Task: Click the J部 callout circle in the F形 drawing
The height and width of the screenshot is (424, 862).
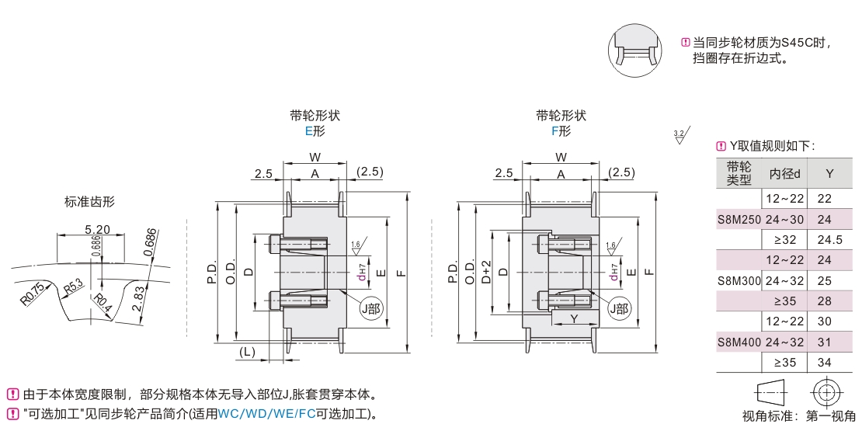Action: pos(619,308)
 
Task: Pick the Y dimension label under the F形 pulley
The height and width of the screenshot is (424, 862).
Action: pos(574,319)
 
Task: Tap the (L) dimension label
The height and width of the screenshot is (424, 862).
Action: pos(248,352)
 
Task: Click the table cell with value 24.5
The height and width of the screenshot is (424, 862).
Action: pos(829,240)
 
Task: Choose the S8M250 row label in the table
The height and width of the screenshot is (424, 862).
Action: pos(739,220)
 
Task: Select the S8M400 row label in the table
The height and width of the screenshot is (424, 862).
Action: pos(739,341)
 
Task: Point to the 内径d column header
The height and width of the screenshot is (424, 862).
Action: pos(784,173)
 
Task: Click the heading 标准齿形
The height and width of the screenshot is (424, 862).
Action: pos(89,202)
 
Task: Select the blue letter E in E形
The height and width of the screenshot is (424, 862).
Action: pos(308,131)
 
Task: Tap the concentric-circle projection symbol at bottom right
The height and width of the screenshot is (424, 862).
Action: pos(826,391)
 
